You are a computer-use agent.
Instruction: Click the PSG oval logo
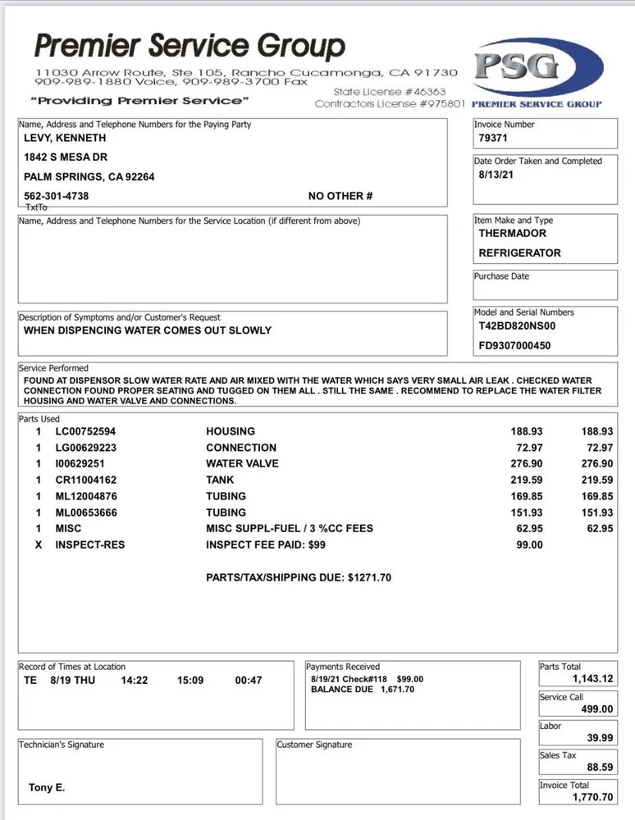click(537, 70)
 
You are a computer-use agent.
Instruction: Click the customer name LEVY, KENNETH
click(65, 138)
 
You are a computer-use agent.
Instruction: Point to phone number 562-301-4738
click(57, 196)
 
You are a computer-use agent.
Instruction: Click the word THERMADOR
click(513, 233)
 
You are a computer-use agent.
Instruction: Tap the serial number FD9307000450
click(515, 345)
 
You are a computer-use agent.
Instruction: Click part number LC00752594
click(85, 431)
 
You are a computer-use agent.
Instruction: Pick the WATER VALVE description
click(242, 463)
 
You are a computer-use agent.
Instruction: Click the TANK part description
click(220, 480)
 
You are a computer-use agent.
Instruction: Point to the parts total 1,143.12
click(592, 679)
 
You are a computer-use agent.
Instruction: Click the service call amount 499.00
click(597, 709)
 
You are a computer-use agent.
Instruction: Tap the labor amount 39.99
click(601, 738)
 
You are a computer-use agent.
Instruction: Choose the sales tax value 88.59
click(601, 768)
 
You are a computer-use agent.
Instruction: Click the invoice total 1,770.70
click(592, 797)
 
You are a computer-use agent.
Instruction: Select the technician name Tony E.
click(47, 788)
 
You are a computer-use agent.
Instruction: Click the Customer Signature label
click(314, 745)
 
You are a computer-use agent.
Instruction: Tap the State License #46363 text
click(390, 93)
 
